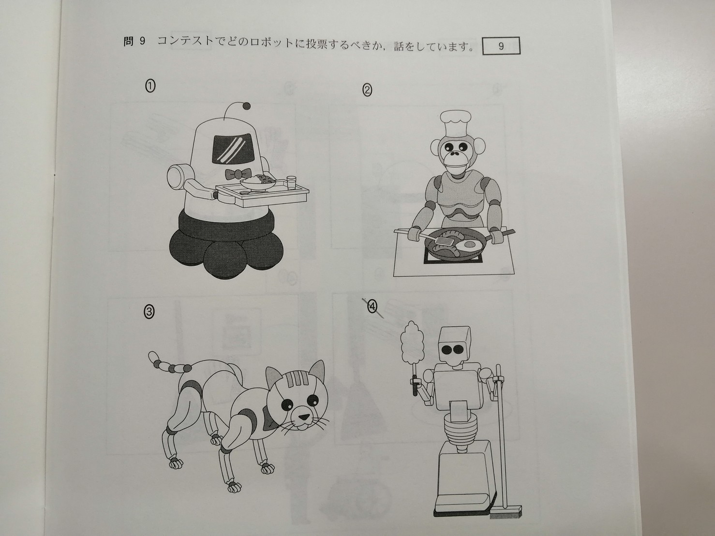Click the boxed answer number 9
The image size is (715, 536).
click(501, 46)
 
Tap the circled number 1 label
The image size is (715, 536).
click(150, 86)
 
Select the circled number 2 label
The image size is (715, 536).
click(367, 90)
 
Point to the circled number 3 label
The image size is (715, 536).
click(149, 312)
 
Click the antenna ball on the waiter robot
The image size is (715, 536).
click(247, 105)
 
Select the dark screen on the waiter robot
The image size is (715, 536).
click(233, 148)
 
